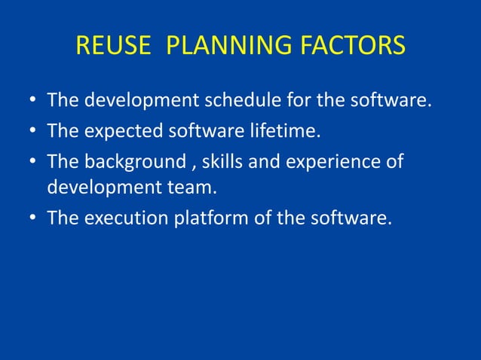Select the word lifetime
pyautogui.click(x=284, y=132)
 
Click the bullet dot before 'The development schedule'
pyautogui.click(x=32, y=101)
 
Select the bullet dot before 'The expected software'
pyautogui.click(x=32, y=133)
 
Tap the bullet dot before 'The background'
pyautogui.click(x=32, y=162)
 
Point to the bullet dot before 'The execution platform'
pyautogui.click(x=32, y=218)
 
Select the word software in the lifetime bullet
pyautogui.click(x=195, y=132)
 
